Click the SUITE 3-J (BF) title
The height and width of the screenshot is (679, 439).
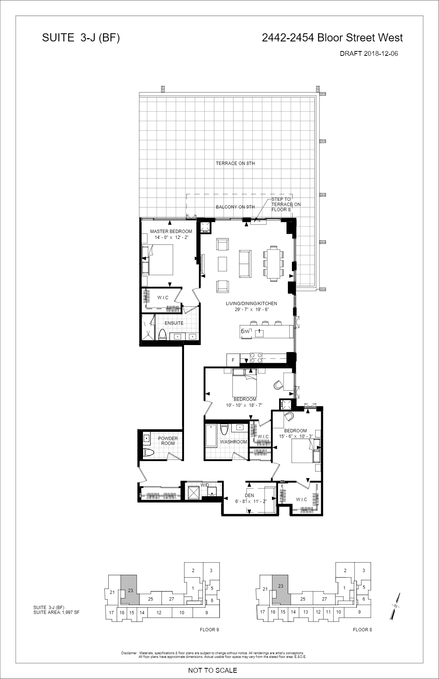point(81,38)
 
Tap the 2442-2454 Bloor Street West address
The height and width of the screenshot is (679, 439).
point(332,38)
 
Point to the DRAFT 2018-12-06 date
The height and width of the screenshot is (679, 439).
point(369,54)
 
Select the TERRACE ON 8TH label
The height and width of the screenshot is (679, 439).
point(235,163)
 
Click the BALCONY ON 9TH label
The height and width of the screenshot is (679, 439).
point(235,207)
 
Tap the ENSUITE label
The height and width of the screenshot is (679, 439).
point(174,323)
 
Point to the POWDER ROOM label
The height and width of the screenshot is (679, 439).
point(168,441)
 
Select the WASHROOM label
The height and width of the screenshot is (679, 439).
point(234,442)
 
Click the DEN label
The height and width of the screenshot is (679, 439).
point(249,496)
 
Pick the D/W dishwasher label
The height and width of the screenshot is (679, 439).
point(246,331)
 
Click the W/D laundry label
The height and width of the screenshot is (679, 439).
point(205,485)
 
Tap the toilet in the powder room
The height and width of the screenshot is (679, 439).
point(148,453)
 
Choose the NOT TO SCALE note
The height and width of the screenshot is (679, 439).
point(212,670)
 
